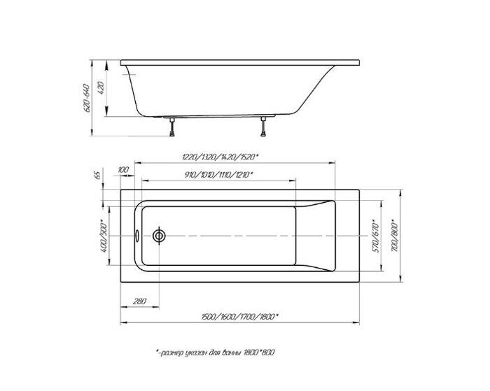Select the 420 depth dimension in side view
point(101,89)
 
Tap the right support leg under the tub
point(264,127)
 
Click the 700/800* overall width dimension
point(396,236)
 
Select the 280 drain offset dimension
point(139,301)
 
